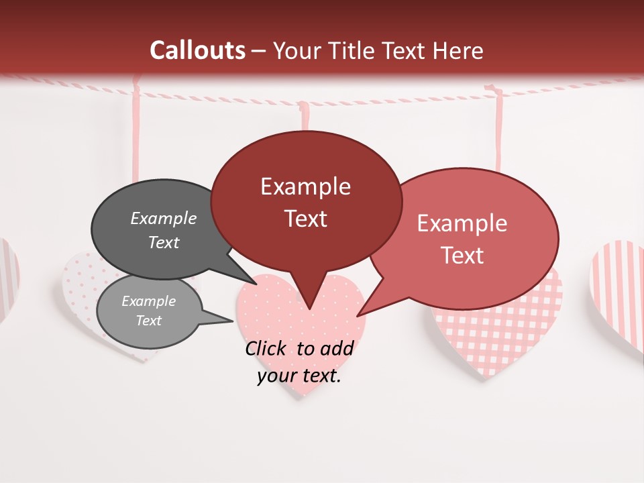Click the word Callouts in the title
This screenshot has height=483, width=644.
tap(197, 50)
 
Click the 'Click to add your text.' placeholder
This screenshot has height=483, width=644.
tap(299, 362)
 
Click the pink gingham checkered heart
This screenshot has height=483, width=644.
tap(496, 335)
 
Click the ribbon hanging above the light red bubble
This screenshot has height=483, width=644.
tap(498, 127)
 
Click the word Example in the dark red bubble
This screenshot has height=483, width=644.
tap(306, 186)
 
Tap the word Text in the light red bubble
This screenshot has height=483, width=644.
tap(462, 256)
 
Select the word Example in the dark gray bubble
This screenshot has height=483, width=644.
tap(164, 219)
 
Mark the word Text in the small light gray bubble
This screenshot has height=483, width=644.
tap(149, 321)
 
